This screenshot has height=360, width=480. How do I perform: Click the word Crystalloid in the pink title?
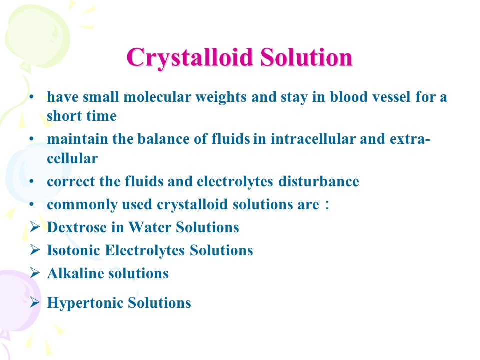pos(190,58)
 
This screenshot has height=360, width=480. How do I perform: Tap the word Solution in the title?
pos(307,57)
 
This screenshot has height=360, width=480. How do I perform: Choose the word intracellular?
pos(313,139)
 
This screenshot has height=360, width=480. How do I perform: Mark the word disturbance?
pos(318,181)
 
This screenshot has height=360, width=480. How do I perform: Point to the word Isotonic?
pos(74,250)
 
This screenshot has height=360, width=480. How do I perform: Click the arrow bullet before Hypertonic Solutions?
pos(35,302)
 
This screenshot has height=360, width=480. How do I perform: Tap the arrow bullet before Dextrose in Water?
pos(35,227)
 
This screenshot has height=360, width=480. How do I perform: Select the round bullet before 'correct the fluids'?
pos(32,181)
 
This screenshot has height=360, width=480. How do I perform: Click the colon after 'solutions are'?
pos(327,205)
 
